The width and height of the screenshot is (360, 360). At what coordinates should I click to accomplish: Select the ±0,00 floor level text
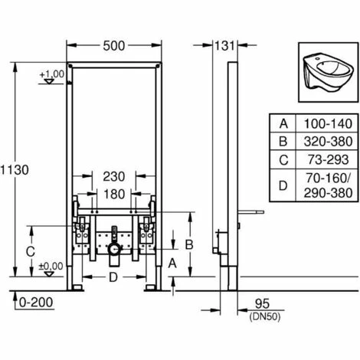pos(50,266)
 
